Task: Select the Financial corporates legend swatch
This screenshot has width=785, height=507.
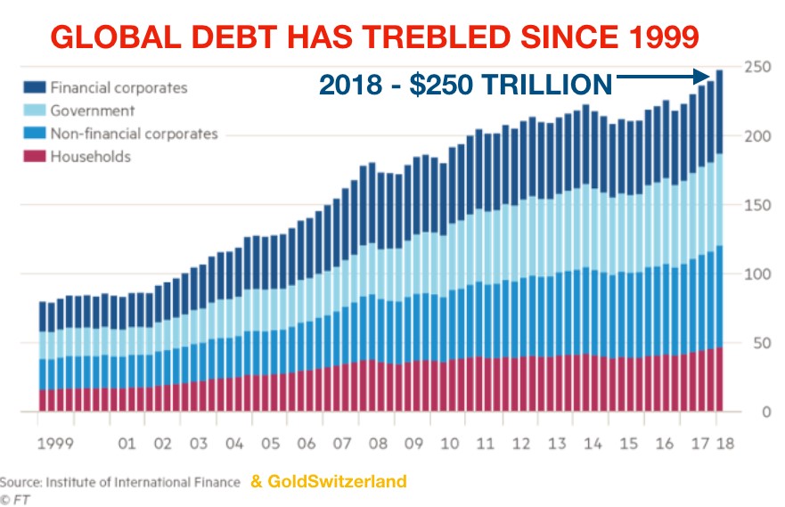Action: point(35,88)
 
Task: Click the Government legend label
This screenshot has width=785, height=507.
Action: point(93,111)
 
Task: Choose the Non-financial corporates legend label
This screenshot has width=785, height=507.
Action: point(134,134)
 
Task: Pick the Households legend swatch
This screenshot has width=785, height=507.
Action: point(35,157)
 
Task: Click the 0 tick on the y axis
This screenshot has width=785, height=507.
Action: point(761,413)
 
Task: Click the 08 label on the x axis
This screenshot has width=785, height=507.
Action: point(379,443)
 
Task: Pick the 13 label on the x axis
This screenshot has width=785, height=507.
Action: point(558,443)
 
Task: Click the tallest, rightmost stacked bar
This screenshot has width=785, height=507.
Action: point(718,241)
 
